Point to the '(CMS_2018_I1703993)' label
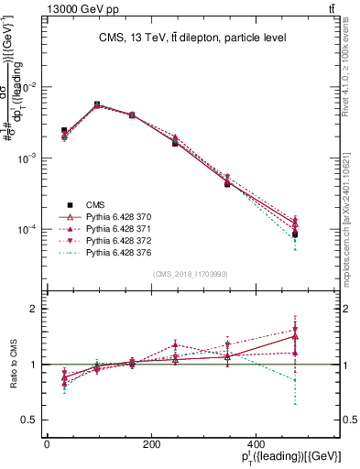click(x=191, y=273)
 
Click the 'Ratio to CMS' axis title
click(x=14, y=365)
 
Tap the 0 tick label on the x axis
click(x=47, y=443)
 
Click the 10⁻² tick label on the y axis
click(x=27, y=87)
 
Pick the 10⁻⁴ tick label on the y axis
click(x=27, y=229)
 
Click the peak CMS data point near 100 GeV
click(x=97, y=104)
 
